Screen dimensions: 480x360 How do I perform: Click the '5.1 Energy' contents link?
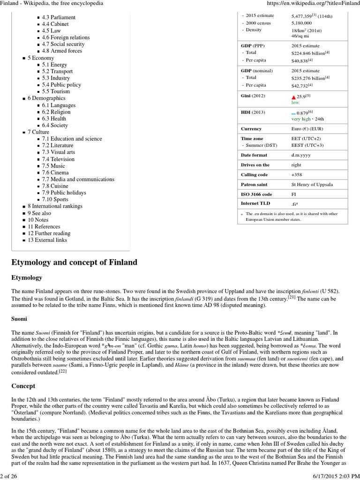point(54,65)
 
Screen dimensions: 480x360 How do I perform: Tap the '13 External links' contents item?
point(47,240)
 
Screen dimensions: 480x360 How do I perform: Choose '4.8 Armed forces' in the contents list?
point(62,51)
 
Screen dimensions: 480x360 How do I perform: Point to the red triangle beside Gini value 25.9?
point(294,97)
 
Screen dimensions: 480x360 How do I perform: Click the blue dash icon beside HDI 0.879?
point(293,113)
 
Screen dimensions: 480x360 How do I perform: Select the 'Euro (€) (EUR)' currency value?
point(307,128)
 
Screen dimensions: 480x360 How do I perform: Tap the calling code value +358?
point(298,174)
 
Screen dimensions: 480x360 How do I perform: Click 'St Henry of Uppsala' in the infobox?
point(312,184)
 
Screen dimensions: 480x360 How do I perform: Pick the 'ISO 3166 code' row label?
point(256,194)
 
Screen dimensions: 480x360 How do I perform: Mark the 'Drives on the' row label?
point(255,165)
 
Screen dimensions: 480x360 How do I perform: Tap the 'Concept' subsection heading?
point(23,386)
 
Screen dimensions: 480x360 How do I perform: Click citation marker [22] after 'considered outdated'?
point(63,371)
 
